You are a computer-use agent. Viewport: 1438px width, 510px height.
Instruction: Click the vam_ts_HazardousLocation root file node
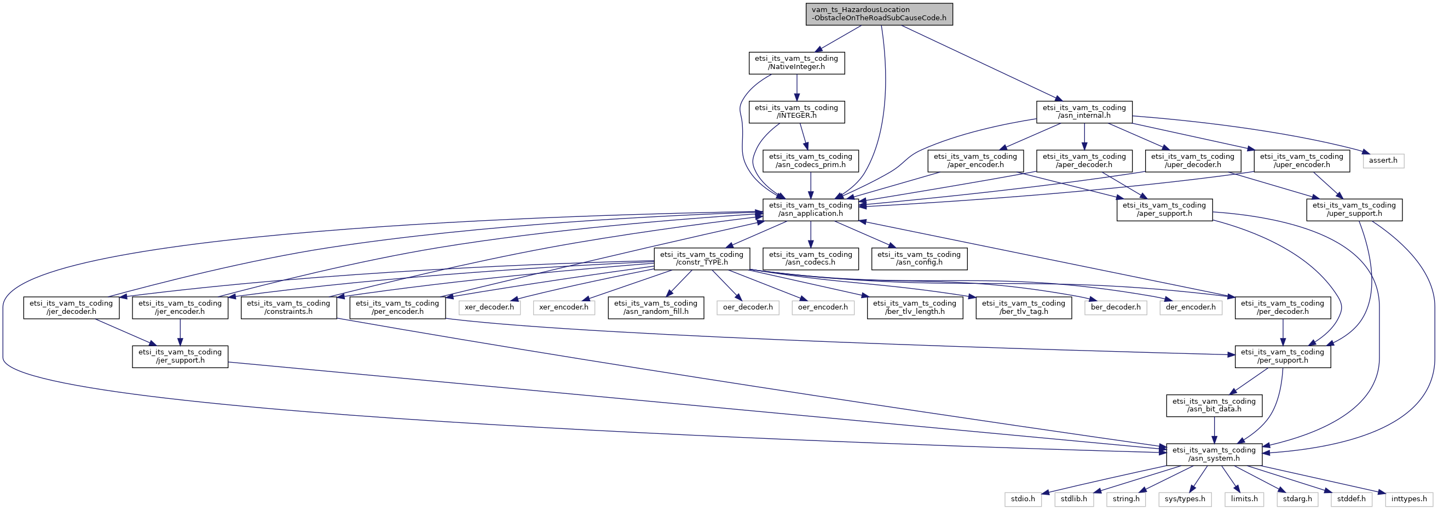click(x=879, y=14)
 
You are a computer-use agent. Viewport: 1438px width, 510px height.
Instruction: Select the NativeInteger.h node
click(x=796, y=62)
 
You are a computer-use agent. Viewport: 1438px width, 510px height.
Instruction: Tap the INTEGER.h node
click(x=796, y=112)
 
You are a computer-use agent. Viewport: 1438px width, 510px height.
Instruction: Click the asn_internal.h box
click(x=1084, y=112)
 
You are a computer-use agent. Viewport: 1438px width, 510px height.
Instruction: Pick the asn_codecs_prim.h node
click(x=811, y=161)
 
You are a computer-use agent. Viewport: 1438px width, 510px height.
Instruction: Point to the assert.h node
click(x=1383, y=161)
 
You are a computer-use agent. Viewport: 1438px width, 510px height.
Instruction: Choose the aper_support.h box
click(x=1164, y=209)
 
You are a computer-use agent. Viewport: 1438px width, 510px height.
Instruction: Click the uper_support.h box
click(x=1354, y=209)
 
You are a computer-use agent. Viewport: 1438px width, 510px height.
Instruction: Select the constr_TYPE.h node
click(x=702, y=259)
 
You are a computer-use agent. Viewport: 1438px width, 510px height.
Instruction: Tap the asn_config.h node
click(x=919, y=259)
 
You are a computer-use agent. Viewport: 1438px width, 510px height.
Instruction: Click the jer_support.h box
click(x=180, y=357)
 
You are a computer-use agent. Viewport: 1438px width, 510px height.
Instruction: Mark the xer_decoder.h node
click(x=489, y=307)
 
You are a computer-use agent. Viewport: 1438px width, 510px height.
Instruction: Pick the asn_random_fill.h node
click(x=655, y=307)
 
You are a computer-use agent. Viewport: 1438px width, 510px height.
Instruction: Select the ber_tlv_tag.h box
click(x=1023, y=307)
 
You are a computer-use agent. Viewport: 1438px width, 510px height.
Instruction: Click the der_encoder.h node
click(x=1190, y=307)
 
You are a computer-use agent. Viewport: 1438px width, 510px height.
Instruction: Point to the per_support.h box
click(x=1282, y=357)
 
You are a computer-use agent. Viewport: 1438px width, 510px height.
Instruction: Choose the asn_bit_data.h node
click(x=1214, y=405)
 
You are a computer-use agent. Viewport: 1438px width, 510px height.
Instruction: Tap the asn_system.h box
click(x=1214, y=454)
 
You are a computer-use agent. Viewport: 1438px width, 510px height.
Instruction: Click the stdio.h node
click(x=1023, y=499)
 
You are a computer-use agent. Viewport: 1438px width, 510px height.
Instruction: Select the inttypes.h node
click(x=1409, y=499)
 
